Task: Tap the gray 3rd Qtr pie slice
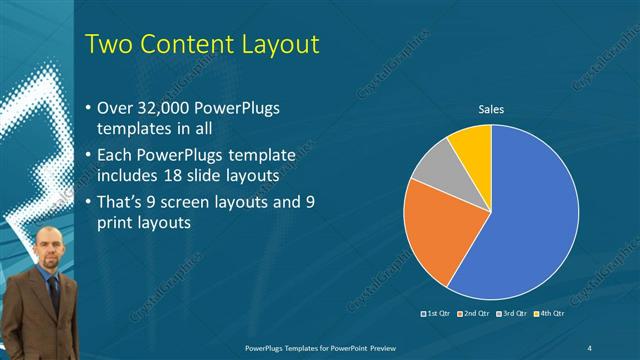tap(431, 165)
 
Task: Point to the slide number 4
tap(589, 346)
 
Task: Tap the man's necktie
tap(50, 290)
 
